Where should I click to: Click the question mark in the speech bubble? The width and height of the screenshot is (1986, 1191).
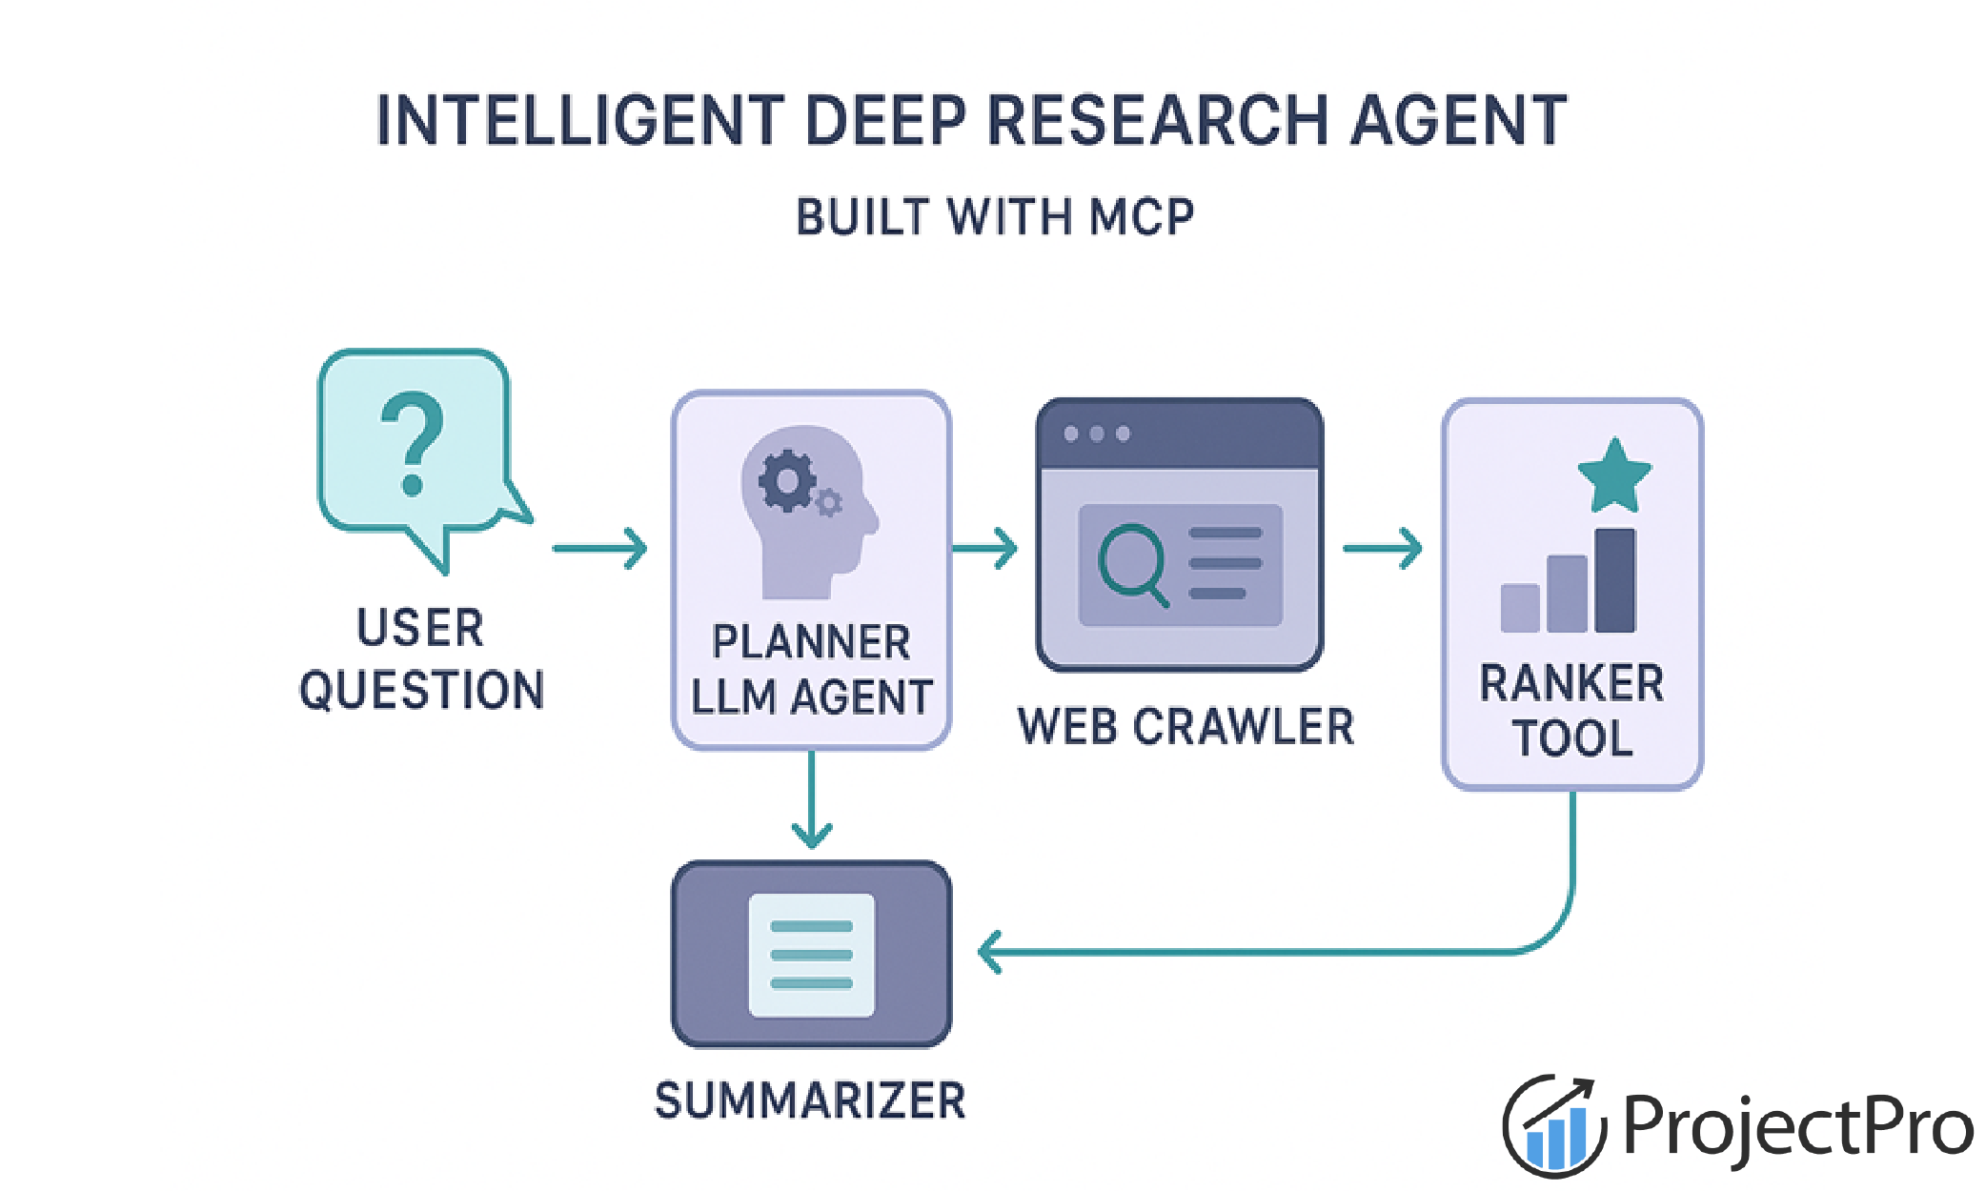[412, 444]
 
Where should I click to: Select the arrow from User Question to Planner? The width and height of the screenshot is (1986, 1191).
[599, 548]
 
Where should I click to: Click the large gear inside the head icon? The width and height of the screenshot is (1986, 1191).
[787, 481]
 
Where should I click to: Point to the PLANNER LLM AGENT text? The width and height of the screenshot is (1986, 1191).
[811, 670]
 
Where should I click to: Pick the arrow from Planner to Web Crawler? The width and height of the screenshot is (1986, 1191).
[984, 548]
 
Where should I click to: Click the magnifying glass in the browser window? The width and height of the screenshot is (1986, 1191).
[1132, 563]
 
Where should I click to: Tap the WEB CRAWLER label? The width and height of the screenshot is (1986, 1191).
[1186, 727]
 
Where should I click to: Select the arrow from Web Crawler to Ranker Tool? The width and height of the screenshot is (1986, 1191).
[1382, 548]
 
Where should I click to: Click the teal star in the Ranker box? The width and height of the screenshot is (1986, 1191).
[1614, 476]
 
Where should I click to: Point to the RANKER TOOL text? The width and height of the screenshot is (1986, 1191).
[1572, 711]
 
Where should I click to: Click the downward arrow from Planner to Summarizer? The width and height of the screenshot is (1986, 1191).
[812, 800]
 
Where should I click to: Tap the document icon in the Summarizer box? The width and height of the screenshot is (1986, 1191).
[811, 955]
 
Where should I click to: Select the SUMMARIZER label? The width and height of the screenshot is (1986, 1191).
[810, 1101]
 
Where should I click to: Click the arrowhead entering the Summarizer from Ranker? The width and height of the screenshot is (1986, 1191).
[991, 952]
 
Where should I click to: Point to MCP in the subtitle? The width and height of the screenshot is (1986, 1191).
[1143, 217]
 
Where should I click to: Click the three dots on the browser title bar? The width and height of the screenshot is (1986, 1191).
[1097, 434]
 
